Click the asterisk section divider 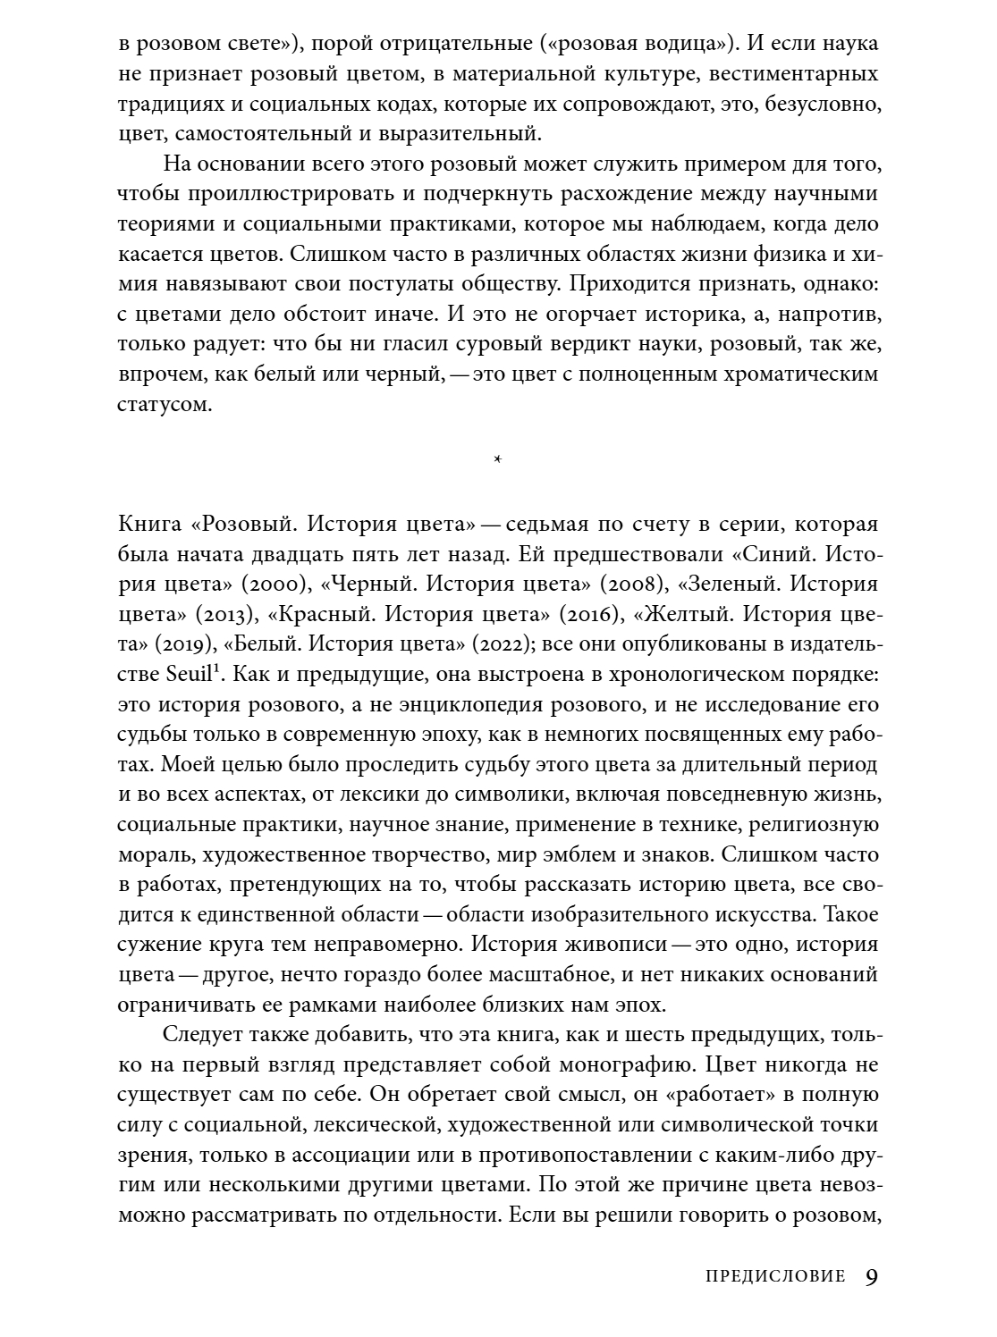(498, 460)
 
